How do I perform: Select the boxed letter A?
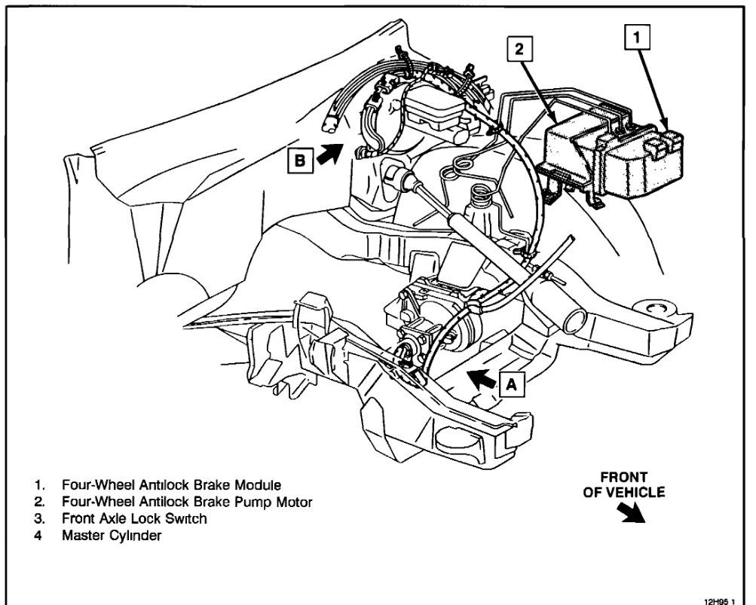(511, 384)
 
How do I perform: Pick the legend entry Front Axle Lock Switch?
(134, 519)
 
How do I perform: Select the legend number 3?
(38, 519)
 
